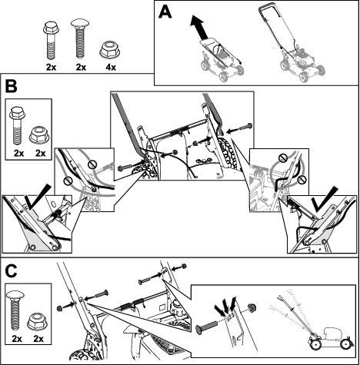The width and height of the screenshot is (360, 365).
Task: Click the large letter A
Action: click(x=165, y=12)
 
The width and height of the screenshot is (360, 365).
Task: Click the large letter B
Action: click(x=11, y=86)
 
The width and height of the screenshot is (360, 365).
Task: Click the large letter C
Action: click(x=11, y=271)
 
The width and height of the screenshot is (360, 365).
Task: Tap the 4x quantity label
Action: click(x=111, y=68)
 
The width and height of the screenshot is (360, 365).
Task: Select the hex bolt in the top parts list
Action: click(x=51, y=41)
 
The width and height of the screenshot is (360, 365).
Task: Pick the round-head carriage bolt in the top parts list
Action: click(x=81, y=38)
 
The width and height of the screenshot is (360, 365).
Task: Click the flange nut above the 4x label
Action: click(x=110, y=49)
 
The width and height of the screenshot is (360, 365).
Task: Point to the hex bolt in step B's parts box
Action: click(x=18, y=125)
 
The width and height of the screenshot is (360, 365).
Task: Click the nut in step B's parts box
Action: click(x=39, y=134)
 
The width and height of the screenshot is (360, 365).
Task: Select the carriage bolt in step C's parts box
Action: click(x=16, y=310)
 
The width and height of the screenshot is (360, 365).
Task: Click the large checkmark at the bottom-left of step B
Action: click(x=38, y=197)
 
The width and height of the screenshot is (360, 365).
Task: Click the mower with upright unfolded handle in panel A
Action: click(x=292, y=44)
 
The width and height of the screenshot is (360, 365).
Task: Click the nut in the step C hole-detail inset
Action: click(x=252, y=307)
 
